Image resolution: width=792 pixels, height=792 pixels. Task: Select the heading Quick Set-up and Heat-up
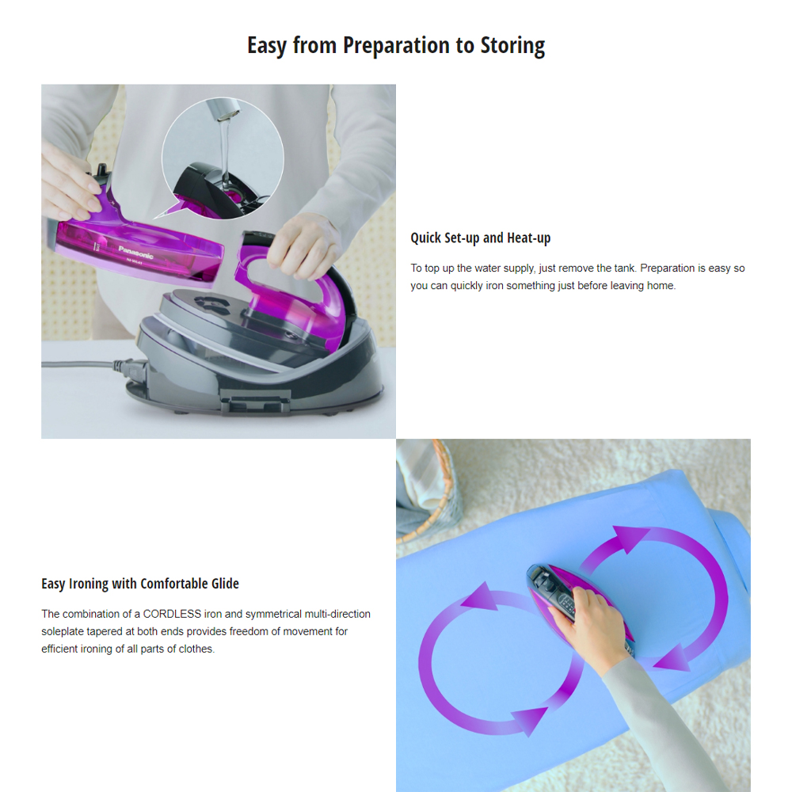coord(481,238)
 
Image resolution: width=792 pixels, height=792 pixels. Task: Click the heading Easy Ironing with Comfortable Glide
coord(140,584)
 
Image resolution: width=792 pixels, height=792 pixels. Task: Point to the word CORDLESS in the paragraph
coord(172,614)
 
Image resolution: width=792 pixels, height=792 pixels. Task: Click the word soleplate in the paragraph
coord(62,631)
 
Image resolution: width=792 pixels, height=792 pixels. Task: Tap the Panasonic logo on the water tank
coord(135,252)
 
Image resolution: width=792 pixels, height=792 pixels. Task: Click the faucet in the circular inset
coord(223,109)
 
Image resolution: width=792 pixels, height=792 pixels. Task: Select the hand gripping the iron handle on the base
coord(304,246)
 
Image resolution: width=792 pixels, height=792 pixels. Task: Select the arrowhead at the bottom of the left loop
coord(531,720)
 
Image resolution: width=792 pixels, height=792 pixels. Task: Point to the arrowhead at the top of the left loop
coord(481,596)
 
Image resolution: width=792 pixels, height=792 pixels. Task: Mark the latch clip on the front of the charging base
coord(255,402)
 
